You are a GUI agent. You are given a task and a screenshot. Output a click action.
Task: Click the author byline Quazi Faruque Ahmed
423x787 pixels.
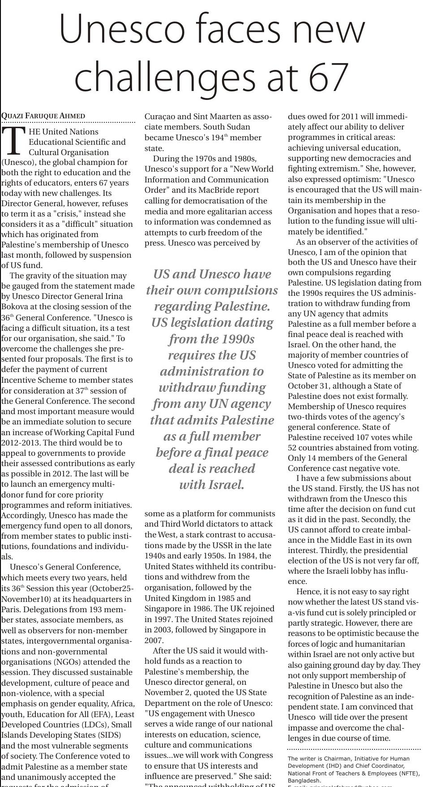(43, 116)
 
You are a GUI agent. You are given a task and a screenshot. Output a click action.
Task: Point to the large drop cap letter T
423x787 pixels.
(12, 141)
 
